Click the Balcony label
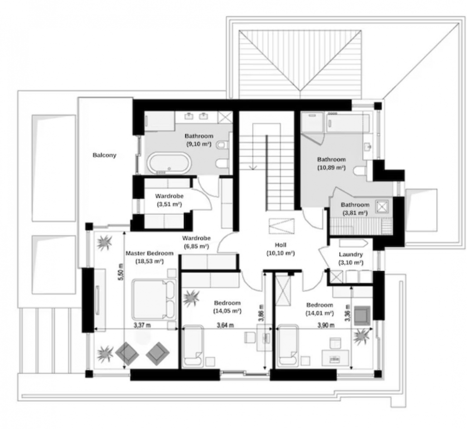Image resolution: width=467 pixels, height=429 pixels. click(104, 155)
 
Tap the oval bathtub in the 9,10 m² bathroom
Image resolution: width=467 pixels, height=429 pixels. click(169, 163)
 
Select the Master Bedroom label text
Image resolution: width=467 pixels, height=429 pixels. click(149, 253)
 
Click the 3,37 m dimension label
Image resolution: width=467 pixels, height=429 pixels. click(142, 325)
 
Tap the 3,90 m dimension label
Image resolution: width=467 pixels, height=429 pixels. click(326, 325)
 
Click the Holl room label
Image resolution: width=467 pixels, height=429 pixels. click(280, 245)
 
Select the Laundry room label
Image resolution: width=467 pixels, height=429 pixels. click(350, 254)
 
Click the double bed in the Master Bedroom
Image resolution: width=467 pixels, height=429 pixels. click(154, 299)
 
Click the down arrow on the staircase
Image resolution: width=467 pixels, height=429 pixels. click(253, 167)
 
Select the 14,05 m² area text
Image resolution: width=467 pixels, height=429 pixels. click(227, 311)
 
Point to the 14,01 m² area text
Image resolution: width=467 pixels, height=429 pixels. click(320, 313)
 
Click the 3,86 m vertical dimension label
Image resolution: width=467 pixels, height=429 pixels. click(261, 313)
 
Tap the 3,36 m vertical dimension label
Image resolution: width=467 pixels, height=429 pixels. click(347, 313)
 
